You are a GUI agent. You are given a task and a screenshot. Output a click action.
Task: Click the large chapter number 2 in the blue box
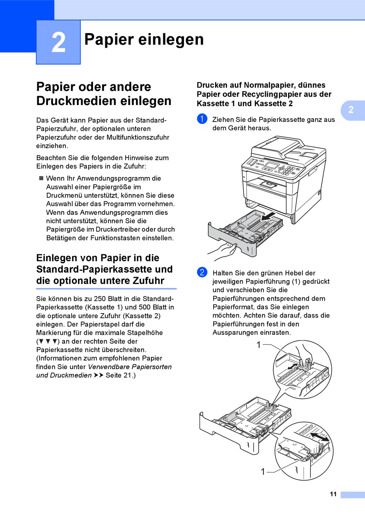point(58,42)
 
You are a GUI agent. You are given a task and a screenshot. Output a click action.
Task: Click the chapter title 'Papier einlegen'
point(144,39)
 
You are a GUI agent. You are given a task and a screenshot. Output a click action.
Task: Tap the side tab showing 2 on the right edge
point(351,110)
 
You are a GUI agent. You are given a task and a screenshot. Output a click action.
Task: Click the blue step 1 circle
point(202,119)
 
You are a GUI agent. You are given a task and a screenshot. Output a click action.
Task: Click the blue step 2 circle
point(202,272)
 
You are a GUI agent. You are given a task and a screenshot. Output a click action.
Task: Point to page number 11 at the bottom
point(333,494)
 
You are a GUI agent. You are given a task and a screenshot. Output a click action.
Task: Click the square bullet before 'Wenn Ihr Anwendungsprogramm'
point(41,178)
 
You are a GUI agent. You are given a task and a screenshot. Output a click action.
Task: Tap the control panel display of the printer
point(272,165)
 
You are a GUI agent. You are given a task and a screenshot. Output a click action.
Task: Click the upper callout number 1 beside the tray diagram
point(259,345)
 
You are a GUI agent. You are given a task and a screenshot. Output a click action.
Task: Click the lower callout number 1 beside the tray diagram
point(263,471)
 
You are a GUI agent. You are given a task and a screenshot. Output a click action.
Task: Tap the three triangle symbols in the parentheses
point(48,341)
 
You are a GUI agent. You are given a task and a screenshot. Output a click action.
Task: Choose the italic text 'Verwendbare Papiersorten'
point(129,367)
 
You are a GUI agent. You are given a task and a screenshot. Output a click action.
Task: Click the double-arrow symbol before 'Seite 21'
point(98,375)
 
